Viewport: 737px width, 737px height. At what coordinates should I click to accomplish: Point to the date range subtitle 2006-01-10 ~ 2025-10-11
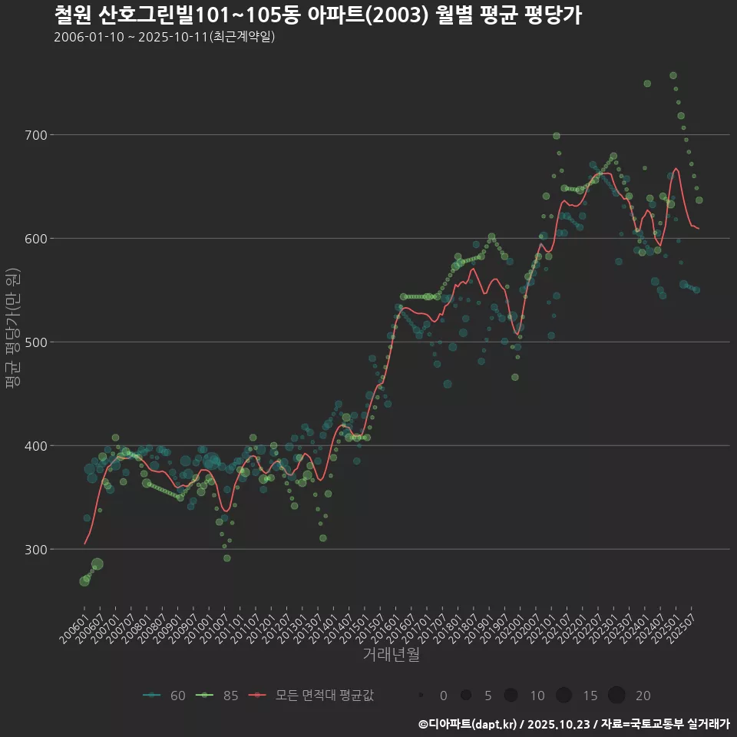coord(164,37)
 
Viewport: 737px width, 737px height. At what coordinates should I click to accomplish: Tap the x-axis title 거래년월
coord(391,655)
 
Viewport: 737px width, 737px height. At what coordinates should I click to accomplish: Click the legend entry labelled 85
coord(217,696)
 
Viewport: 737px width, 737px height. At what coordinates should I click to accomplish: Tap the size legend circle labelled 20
coord(616,696)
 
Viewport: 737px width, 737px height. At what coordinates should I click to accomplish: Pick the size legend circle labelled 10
coord(511,696)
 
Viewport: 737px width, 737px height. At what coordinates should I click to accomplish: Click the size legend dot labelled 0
coord(421,696)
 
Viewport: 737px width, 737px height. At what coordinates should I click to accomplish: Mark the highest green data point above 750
coord(673,75)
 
